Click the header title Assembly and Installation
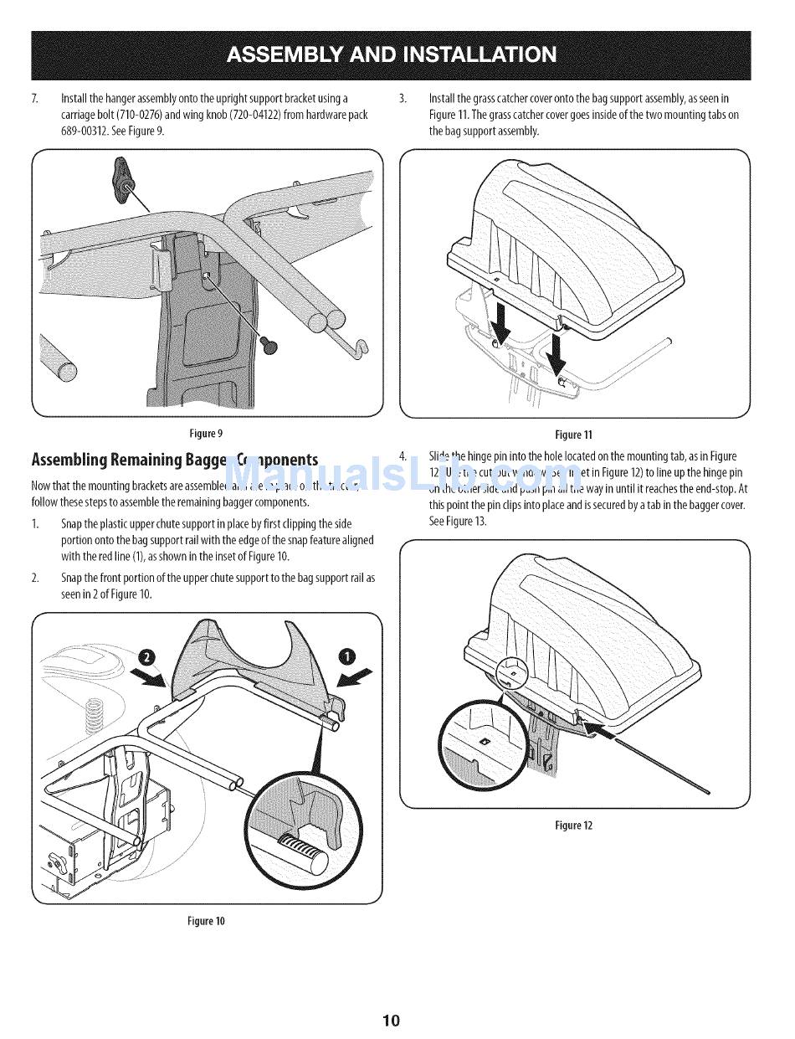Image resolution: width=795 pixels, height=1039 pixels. (x=391, y=54)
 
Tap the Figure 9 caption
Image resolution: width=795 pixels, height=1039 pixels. (x=206, y=433)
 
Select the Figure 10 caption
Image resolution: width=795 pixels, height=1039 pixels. (x=206, y=921)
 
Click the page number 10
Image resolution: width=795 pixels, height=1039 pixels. (x=392, y=1020)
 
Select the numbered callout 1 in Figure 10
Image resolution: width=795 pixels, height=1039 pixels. (x=346, y=656)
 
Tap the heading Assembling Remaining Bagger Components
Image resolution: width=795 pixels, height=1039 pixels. (x=174, y=460)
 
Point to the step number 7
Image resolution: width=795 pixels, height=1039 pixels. (x=34, y=99)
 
